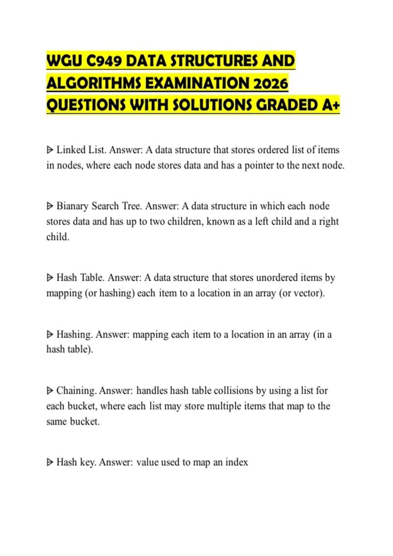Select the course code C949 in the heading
[x=104, y=61]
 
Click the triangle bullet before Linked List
[x=50, y=150]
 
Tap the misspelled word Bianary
[x=72, y=206]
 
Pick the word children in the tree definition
[x=185, y=221]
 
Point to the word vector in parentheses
[x=308, y=293]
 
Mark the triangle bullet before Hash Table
[x=50, y=278]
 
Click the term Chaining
[x=76, y=391]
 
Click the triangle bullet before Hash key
[x=50, y=462]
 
